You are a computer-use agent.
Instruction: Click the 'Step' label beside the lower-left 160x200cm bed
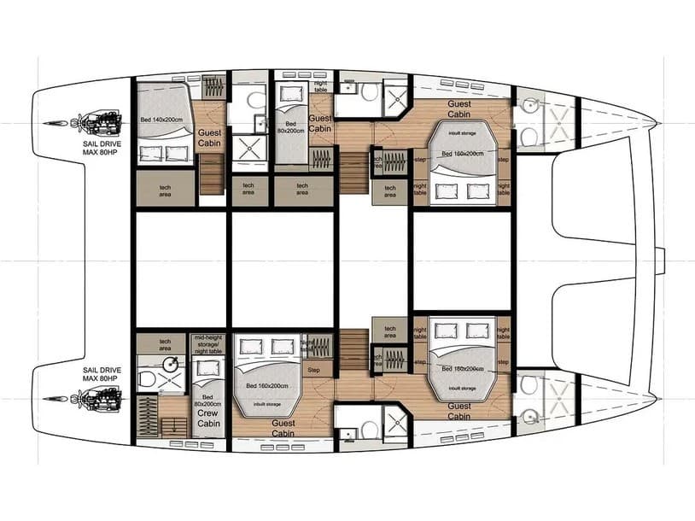pyautogui.click(x=314, y=370)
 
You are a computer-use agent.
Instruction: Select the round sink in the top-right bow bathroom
pyautogui.click(x=530, y=105)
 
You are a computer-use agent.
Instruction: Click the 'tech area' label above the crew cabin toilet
pyautogui.click(x=165, y=344)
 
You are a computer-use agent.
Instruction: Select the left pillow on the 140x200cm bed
pyautogui.click(x=155, y=155)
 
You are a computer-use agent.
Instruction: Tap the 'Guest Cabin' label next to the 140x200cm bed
pyautogui.click(x=209, y=138)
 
